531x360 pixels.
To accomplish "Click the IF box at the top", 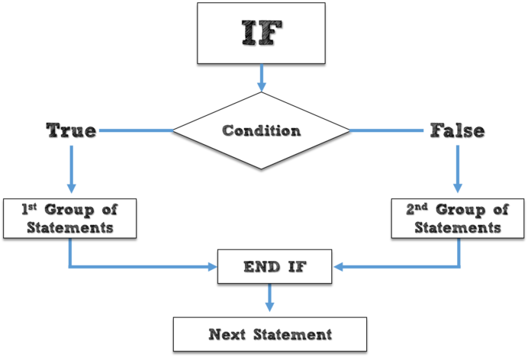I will coord(261,32).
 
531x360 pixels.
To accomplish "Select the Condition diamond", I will coord(261,130).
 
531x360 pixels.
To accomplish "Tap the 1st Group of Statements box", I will coord(69,218).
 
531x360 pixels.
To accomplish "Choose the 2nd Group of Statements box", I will coord(457,218).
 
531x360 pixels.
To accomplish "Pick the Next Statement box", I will coord(270,334).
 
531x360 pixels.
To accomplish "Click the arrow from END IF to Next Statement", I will coord(269,298).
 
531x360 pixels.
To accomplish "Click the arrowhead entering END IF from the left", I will coord(211,267).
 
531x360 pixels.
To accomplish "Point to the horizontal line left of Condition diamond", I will coord(136,130).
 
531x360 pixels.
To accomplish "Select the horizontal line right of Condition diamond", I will coord(386,130).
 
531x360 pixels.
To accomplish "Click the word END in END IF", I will coord(256,267).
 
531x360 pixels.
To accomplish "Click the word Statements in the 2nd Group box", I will coord(457,227).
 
